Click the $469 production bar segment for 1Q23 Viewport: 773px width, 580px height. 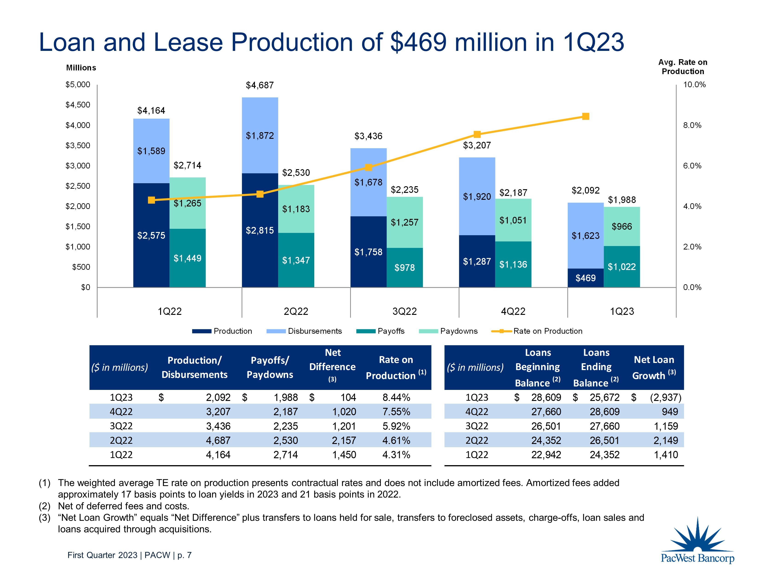[585, 278]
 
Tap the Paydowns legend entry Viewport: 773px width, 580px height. [459, 331]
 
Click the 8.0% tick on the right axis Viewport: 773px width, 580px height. [692, 125]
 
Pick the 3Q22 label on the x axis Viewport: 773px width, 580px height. [404, 311]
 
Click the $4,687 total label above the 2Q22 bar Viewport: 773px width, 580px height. [260, 85]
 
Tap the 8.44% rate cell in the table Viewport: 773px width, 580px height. [396, 397]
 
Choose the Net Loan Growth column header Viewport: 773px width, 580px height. [654, 367]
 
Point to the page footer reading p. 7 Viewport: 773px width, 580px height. [185, 555]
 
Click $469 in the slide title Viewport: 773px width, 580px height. [418, 42]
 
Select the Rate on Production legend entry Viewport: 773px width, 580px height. [548, 331]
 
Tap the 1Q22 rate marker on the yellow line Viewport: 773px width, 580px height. [151, 200]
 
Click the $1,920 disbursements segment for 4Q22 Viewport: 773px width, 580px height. [477, 197]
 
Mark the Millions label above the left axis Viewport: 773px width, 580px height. [81, 68]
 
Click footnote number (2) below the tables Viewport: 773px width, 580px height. [44, 506]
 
